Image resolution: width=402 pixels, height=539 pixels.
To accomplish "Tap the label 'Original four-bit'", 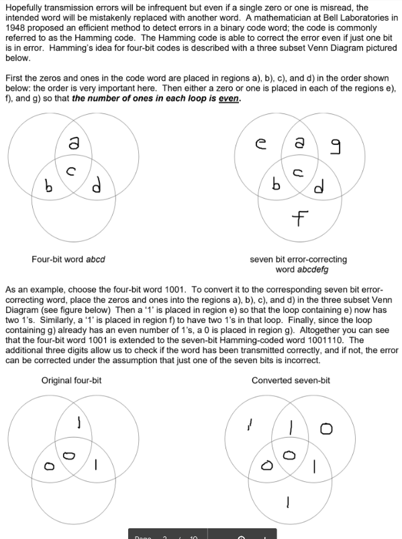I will click(71, 381).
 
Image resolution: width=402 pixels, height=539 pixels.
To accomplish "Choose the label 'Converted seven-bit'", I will click(291, 381).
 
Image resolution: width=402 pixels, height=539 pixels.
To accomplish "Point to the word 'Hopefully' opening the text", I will click(24, 7).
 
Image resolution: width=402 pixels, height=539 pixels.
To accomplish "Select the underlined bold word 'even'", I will click(230, 99).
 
